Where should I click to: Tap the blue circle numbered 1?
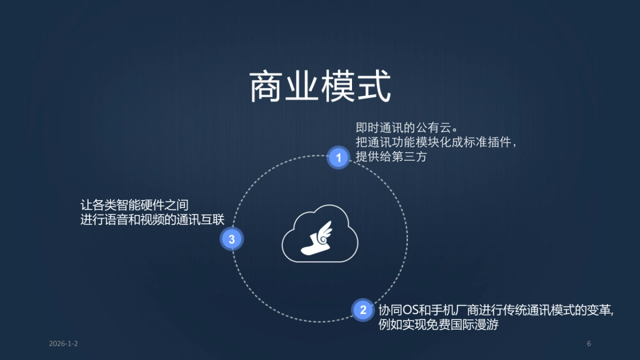pyautogui.click(x=338, y=157)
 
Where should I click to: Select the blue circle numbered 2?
pyautogui.click(x=363, y=310)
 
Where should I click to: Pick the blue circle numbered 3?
pyautogui.click(x=231, y=239)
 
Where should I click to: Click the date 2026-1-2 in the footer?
pyautogui.click(x=63, y=343)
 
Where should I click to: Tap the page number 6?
pyautogui.click(x=589, y=343)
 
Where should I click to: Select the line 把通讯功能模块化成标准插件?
pyautogui.click(x=436, y=143)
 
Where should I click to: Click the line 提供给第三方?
pyautogui.click(x=391, y=157)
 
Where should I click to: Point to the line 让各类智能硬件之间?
pyautogui.click(x=134, y=205)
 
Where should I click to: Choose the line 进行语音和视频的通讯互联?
pyautogui.click(x=153, y=219)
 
